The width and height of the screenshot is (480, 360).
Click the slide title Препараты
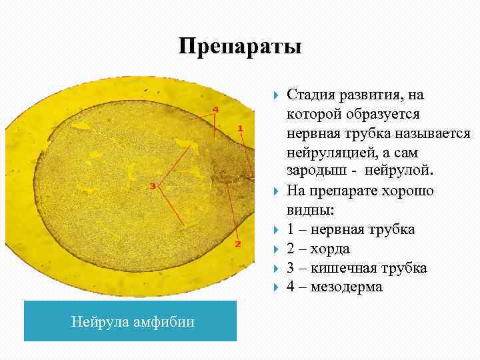tap(240, 47)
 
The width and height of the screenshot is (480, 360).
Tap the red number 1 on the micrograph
tap(240, 127)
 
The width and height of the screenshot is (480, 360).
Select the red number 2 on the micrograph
tap(238, 244)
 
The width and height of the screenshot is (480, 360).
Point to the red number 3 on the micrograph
tap(153, 186)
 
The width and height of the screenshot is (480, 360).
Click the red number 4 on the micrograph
tap(215, 109)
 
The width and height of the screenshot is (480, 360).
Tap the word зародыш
tap(315, 172)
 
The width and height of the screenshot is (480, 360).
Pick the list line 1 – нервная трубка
tap(351, 229)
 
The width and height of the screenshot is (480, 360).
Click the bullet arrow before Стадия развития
tap(277, 95)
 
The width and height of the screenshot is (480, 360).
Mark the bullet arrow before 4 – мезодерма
tap(277, 287)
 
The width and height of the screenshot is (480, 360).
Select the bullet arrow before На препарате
tap(277, 191)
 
